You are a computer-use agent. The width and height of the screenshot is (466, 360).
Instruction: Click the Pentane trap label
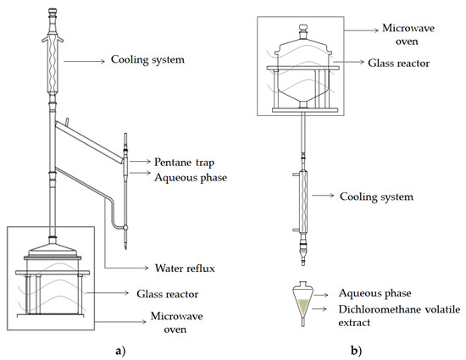(x=184, y=162)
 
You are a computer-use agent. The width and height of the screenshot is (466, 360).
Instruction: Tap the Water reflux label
(x=185, y=269)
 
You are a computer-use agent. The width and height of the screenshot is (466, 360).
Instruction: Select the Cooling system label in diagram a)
(x=147, y=59)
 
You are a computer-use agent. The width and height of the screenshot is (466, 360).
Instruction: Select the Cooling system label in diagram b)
(x=376, y=197)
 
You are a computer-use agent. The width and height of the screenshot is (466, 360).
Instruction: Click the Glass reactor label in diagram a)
(x=167, y=294)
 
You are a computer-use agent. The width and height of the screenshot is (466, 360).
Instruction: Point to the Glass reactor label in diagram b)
(x=398, y=64)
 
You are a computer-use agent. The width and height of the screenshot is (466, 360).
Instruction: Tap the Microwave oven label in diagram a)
(x=176, y=323)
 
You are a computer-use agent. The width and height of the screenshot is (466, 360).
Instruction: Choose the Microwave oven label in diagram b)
(x=408, y=35)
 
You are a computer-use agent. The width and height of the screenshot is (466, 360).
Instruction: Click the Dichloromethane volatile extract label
(x=399, y=316)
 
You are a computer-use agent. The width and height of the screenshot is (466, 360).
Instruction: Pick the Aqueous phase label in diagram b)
(x=374, y=293)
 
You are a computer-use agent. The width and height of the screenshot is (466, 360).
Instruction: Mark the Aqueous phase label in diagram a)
(x=191, y=178)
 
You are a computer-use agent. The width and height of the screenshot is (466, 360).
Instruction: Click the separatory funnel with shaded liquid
(x=302, y=303)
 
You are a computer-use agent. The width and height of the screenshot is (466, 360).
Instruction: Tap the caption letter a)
(x=120, y=351)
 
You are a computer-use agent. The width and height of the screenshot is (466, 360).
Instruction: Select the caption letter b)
(x=357, y=351)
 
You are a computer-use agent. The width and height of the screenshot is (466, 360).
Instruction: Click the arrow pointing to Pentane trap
(x=140, y=161)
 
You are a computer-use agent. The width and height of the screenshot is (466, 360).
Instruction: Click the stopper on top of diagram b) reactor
(x=302, y=31)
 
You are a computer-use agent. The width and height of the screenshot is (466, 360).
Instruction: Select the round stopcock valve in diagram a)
(x=125, y=228)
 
